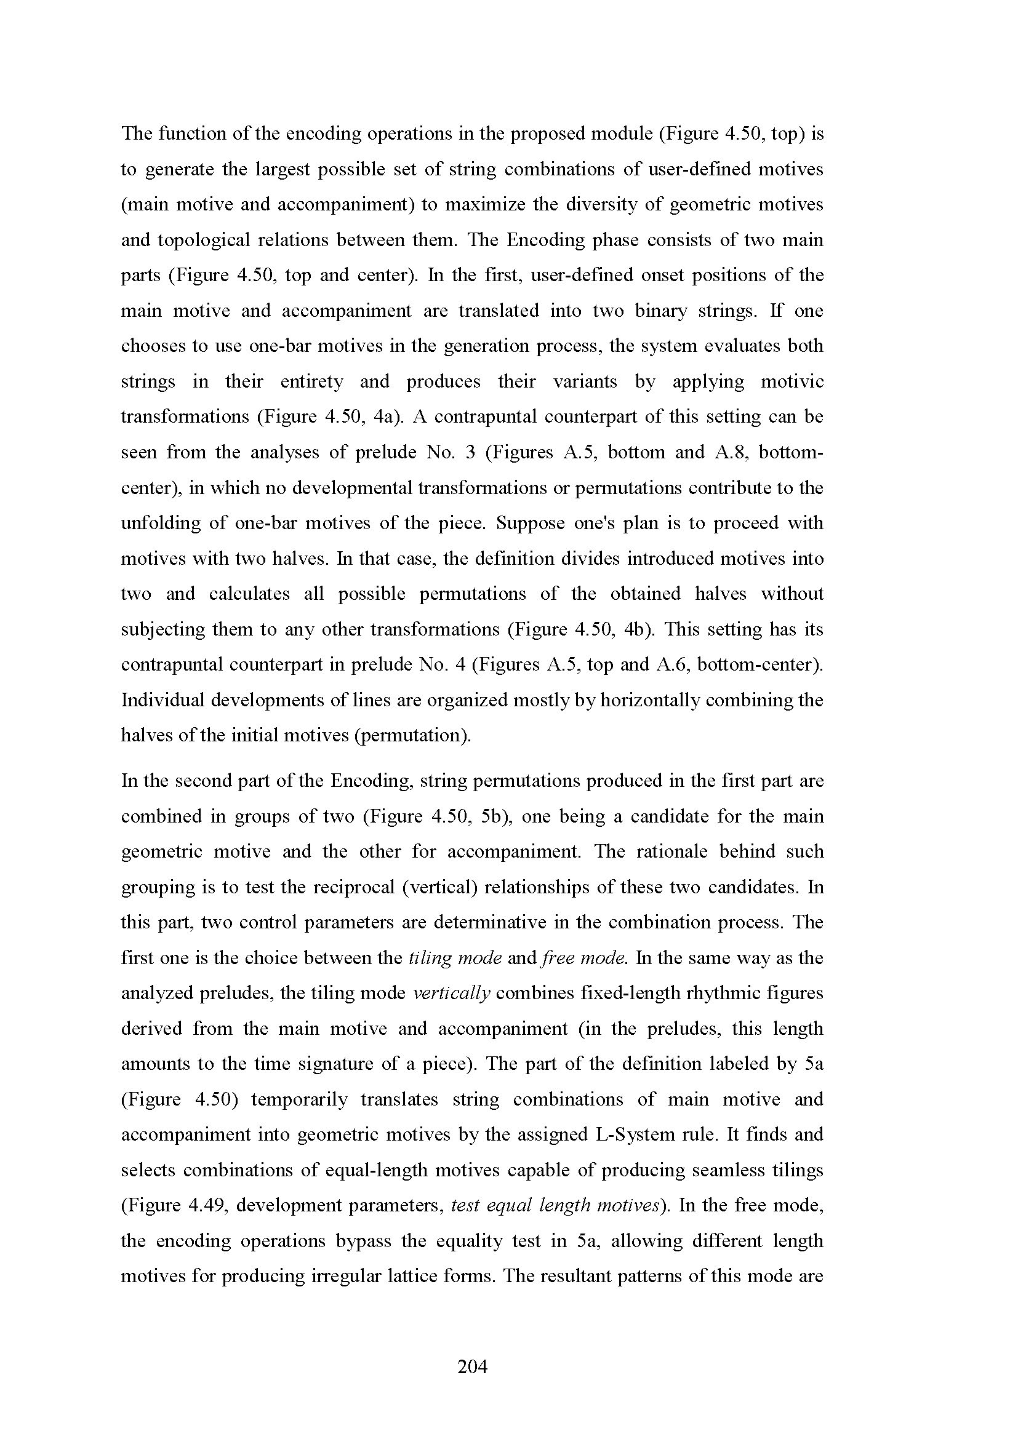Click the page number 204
tap(472, 1366)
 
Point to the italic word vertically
tap(452, 994)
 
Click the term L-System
tap(635, 1134)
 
